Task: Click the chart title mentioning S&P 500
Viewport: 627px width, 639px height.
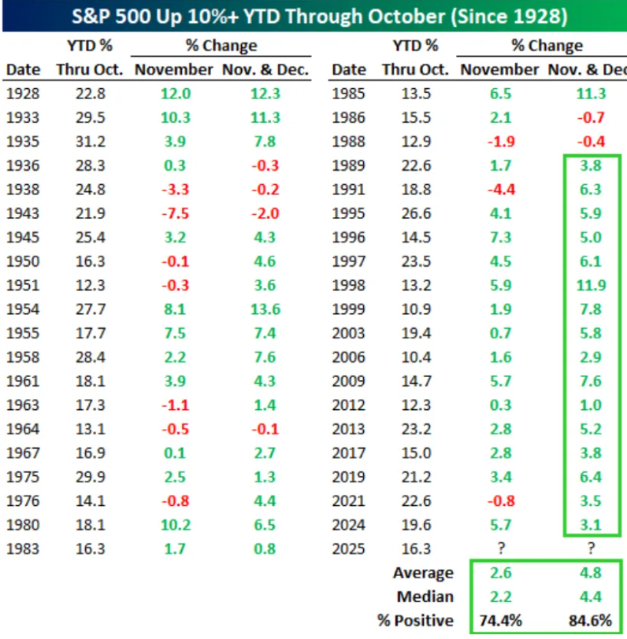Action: click(x=313, y=16)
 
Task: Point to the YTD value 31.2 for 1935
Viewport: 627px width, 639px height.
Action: click(x=90, y=142)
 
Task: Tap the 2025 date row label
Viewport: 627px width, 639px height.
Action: click(x=349, y=549)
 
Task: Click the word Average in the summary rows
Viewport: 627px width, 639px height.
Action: click(x=425, y=573)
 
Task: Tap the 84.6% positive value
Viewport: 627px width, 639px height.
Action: click(x=591, y=621)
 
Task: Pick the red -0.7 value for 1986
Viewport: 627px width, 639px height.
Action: click(x=591, y=118)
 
